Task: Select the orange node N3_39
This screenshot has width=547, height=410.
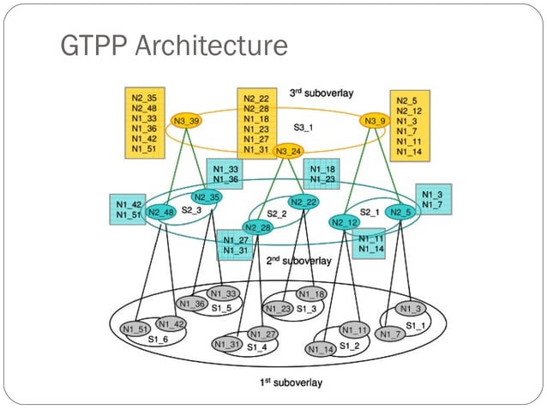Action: (186, 122)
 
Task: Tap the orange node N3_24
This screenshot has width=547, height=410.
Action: (289, 151)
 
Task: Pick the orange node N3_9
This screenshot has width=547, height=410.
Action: (375, 122)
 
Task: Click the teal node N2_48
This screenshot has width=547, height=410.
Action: (162, 212)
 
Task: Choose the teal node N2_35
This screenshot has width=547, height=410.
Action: (206, 196)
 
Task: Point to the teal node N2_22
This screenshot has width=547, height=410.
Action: (304, 202)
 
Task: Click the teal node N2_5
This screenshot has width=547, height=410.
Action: (400, 212)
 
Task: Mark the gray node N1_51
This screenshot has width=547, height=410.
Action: (135, 329)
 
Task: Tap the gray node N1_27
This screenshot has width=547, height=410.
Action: (264, 334)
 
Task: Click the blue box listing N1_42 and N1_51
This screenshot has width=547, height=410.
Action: (125, 209)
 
